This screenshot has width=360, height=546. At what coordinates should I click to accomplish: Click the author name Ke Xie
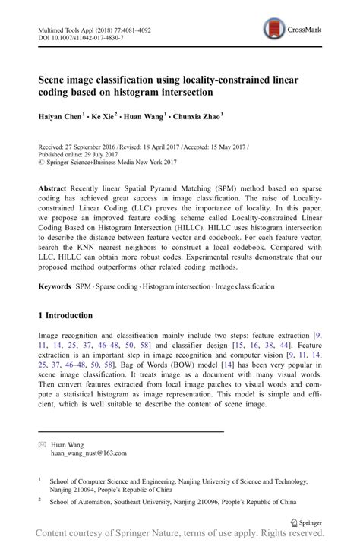coord(106,117)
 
